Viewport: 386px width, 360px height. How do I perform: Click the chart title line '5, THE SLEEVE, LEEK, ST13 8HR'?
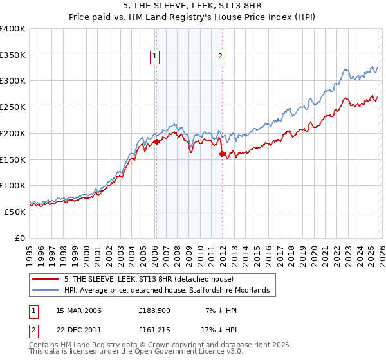(x=192, y=6)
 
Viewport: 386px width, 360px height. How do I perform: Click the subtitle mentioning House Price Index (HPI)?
(x=192, y=17)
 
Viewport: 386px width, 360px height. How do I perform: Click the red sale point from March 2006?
(x=156, y=142)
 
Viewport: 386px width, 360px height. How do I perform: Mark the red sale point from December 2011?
(x=222, y=154)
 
